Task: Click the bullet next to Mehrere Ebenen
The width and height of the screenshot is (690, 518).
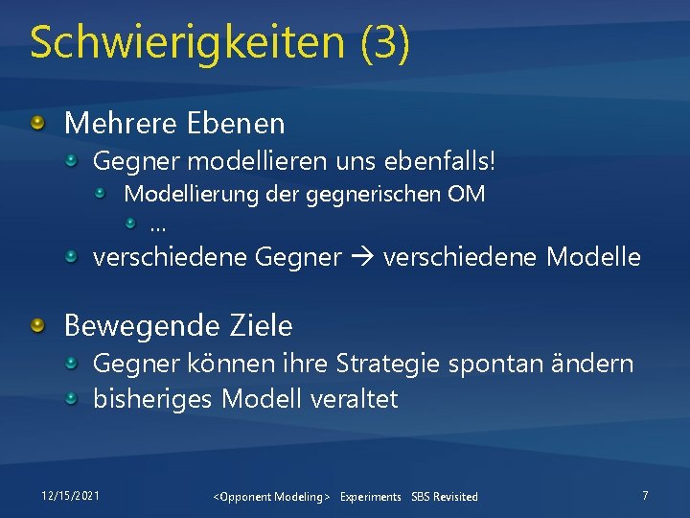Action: [x=36, y=122]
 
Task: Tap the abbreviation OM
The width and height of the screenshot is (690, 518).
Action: [x=466, y=194]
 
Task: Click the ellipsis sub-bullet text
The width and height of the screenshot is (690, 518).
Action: [x=157, y=226]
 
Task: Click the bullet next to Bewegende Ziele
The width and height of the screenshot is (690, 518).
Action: [x=36, y=326]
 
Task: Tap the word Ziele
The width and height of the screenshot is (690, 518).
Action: [x=260, y=326]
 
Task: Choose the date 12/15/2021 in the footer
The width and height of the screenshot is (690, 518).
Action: [x=70, y=495]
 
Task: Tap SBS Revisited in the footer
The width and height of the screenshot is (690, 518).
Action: [x=444, y=496]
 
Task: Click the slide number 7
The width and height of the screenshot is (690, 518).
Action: [x=645, y=495]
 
